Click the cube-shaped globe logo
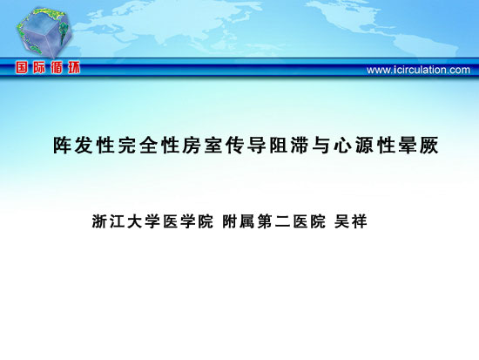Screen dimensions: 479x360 [44, 32]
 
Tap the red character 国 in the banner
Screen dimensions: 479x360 [22, 67]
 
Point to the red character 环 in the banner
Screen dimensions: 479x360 [74, 67]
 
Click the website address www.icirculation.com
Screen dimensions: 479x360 [418, 70]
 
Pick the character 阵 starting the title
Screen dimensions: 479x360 [63, 145]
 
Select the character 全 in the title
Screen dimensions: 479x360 [149, 145]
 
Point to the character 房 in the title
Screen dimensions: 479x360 [192, 145]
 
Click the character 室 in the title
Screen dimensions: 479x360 [213, 145]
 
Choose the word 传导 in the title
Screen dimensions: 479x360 [246, 145]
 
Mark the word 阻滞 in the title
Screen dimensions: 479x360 [289, 145]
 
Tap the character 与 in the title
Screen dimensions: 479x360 [321, 145]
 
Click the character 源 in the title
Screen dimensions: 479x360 [364, 145]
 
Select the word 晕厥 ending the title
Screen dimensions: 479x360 [419, 145]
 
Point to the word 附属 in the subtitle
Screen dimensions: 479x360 [238, 221]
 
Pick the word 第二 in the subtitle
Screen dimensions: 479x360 [273, 221]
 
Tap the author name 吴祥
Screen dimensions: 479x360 [350, 221]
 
